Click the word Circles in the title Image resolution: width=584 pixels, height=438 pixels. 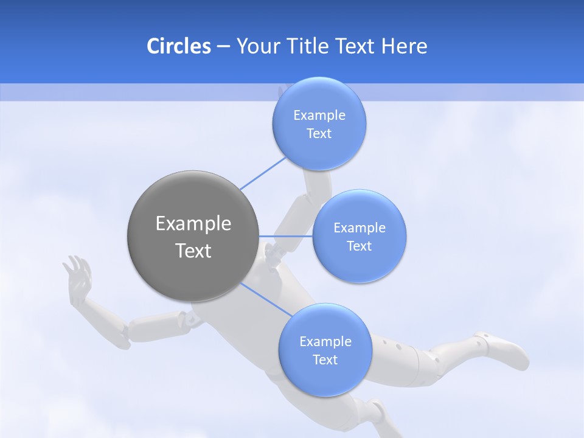178,46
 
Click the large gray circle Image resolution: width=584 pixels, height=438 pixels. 193,236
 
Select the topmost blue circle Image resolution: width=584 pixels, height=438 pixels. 319,124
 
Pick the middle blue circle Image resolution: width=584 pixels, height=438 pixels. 359,236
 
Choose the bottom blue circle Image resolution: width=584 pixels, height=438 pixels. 325,350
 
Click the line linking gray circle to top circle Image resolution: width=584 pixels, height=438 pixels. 263,172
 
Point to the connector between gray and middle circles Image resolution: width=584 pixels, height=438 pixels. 285,236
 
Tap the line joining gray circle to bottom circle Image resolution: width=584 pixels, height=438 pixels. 266,299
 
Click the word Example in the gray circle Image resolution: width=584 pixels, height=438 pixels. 193,224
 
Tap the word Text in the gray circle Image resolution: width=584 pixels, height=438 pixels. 193,251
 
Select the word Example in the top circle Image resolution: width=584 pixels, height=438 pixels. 319,116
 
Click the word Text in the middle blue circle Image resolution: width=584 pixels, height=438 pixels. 359,246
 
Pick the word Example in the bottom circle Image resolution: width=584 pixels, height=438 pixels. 325,341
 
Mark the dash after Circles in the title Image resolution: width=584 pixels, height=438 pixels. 223,47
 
